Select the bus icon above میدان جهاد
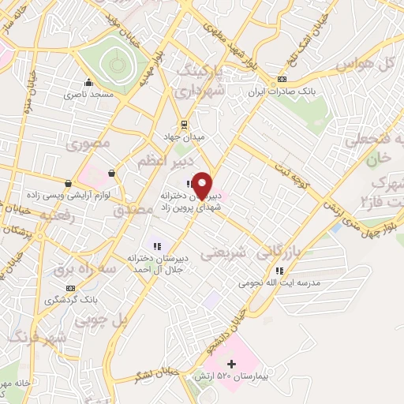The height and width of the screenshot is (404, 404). pyautogui.click(x=184, y=123)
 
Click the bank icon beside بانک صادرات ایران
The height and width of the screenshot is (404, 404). pyautogui.click(x=282, y=80)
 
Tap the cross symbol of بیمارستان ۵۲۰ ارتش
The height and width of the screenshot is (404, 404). pyautogui.click(x=231, y=364)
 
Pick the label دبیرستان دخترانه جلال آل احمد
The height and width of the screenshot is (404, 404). pyautogui.click(x=155, y=263)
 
